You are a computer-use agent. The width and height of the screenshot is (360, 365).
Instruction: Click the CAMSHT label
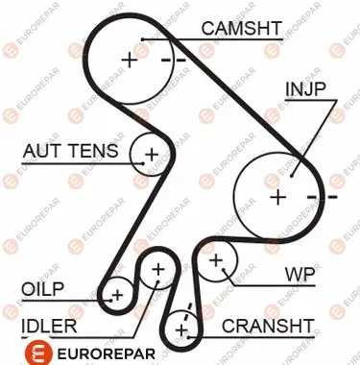[242, 28]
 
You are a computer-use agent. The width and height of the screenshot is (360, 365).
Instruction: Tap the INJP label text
[305, 89]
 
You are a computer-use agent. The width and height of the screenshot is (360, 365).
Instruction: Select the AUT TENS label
[70, 151]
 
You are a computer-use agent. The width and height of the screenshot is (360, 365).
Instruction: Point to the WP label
[300, 275]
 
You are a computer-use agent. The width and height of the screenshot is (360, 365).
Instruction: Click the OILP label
[42, 289]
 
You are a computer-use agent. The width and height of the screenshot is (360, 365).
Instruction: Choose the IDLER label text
[49, 326]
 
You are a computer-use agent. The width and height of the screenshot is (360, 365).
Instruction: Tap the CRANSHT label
[268, 326]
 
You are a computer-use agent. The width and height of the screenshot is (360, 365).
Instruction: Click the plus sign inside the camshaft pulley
[130, 60]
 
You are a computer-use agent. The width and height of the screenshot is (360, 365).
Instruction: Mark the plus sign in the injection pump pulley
[278, 197]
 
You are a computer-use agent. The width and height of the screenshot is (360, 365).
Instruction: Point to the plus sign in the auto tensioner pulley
[152, 155]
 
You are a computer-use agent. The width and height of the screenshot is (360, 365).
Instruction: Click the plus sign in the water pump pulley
[216, 260]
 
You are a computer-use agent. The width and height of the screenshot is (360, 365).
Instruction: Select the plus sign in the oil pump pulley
[117, 295]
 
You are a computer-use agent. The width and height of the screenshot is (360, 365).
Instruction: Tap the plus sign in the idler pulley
[158, 270]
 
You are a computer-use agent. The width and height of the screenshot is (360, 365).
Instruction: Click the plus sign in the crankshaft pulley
[181, 330]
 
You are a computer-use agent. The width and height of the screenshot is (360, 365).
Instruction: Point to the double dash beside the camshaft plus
[173, 60]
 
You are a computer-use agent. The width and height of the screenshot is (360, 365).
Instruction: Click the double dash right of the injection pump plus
[323, 197]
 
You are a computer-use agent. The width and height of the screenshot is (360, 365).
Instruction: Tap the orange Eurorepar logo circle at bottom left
[38, 353]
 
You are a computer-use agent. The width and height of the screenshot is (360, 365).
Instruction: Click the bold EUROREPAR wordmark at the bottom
[107, 354]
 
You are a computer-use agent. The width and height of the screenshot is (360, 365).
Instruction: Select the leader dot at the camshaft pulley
[143, 39]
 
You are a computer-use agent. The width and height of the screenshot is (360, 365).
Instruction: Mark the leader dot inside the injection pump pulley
[292, 175]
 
